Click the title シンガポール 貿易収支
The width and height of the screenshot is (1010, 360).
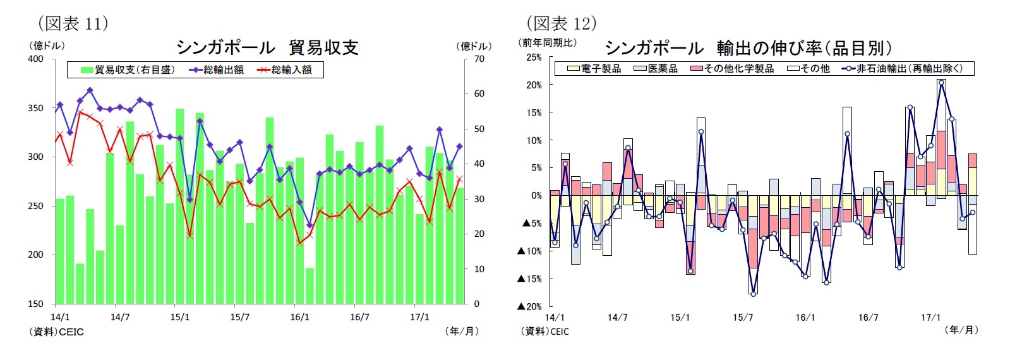[267, 47]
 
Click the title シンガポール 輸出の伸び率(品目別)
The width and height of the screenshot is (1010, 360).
[748, 48]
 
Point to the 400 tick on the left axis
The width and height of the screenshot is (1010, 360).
[36, 59]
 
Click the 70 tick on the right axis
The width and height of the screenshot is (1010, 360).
[479, 59]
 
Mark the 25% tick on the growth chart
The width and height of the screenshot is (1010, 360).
[534, 57]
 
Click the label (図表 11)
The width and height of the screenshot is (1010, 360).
[73, 23]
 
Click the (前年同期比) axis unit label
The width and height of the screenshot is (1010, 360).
[547, 42]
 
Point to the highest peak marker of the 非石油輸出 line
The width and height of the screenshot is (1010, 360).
[941, 82]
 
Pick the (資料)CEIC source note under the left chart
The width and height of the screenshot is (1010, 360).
[56, 332]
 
